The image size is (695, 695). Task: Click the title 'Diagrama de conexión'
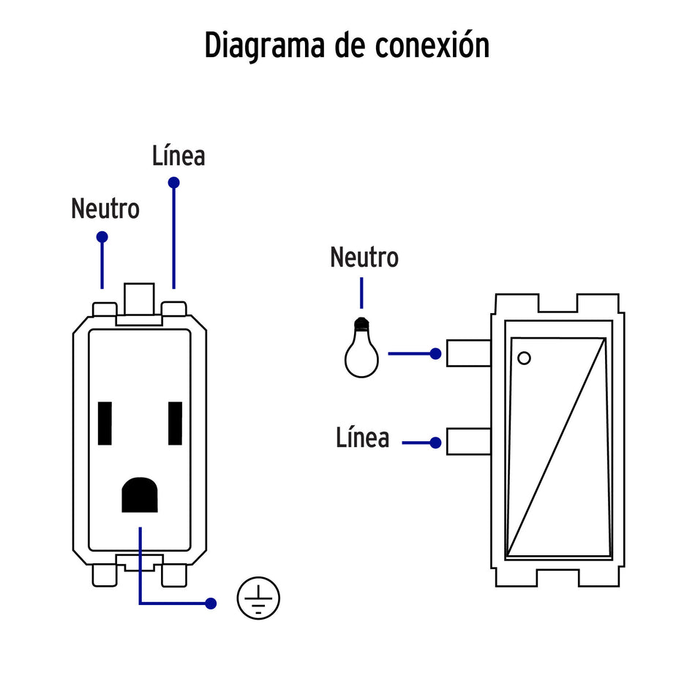tap(347, 45)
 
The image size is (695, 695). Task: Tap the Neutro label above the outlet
tap(105, 209)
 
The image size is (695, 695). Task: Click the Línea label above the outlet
tap(179, 156)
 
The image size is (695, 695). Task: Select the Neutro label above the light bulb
tap(364, 258)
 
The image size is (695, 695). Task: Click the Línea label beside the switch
tap(363, 438)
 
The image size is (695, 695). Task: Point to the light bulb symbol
tap(361, 350)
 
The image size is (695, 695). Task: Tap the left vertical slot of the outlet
tap(105, 424)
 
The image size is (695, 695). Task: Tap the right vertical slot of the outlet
tap(175, 424)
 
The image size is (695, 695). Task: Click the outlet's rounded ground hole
tap(140, 495)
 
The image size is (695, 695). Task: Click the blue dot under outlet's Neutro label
tap(102, 237)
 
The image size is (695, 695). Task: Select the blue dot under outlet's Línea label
tap(173, 182)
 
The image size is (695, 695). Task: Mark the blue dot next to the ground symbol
tap(211, 604)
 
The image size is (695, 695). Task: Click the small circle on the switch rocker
tap(524, 358)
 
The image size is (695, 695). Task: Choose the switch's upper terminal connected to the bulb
tap(468, 353)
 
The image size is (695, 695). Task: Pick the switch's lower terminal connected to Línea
tap(468, 442)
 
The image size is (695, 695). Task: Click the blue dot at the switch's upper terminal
tap(435, 353)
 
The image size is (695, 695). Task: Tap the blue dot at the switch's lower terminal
tap(435, 443)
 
